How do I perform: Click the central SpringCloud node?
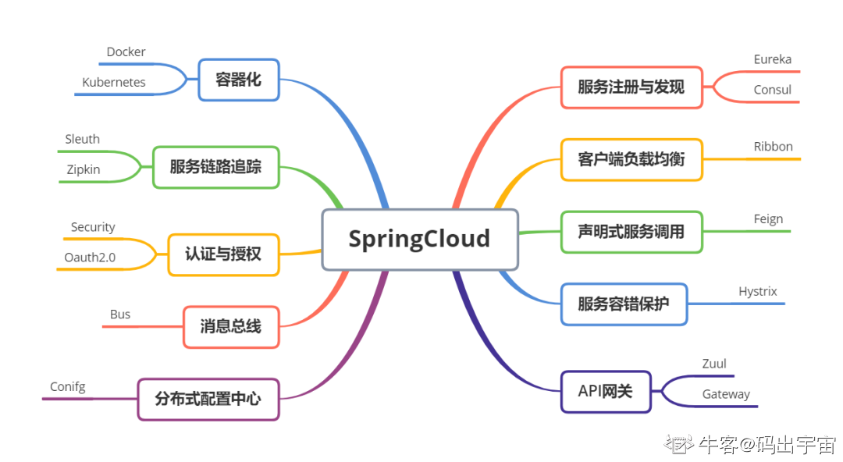pyautogui.click(x=419, y=239)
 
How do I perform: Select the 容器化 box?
pyautogui.click(x=239, y=80)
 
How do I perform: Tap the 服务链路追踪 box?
pyautogui.click(x=215, y=167)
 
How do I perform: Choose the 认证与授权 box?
pyautogui.click(x=223, y=254)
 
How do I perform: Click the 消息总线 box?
pyautogui.click(x=230, y=327)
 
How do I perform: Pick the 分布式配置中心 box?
pyautogui.click(x=208, y=400)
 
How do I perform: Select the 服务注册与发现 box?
pyautogui.click(x=631, y=87)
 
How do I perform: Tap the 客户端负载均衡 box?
pyautogui.click(x=631, y=160)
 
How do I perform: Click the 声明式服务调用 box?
pyautogui.click(x=631, y=232)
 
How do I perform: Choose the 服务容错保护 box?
pyautogui.click(x=623, y=304)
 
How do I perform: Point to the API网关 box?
pyautogui.click(x=605, y=392)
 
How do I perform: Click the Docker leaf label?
pyautogui.click(x=126, y=52)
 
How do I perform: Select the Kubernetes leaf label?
pyautogui.click(x=114, y=82)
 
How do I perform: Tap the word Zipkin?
pyautogui.click(x=83, y=169)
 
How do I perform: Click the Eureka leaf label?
pyautogui.click(x=772, y=59)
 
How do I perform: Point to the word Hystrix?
pyautogui.click(x=758, y=292)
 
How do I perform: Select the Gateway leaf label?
pyautogui.click(x=726, y=394)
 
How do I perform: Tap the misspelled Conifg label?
pyautogui.click(x=68, y=387)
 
